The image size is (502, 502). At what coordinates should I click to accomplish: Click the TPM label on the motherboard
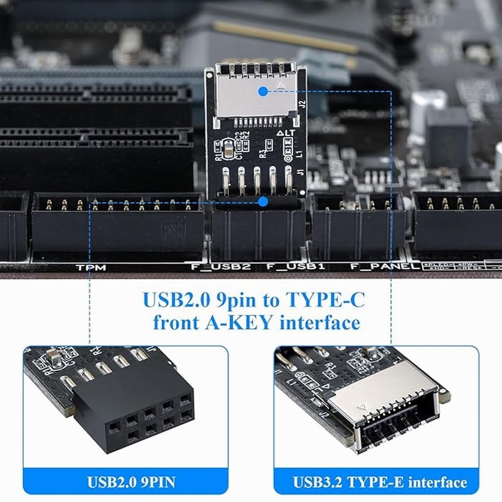(92, 268)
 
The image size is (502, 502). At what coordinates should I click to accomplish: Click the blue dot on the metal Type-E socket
(263, 91)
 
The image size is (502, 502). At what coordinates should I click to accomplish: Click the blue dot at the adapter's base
(263, 201)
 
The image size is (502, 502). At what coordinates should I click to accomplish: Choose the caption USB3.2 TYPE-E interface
(380, 483)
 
